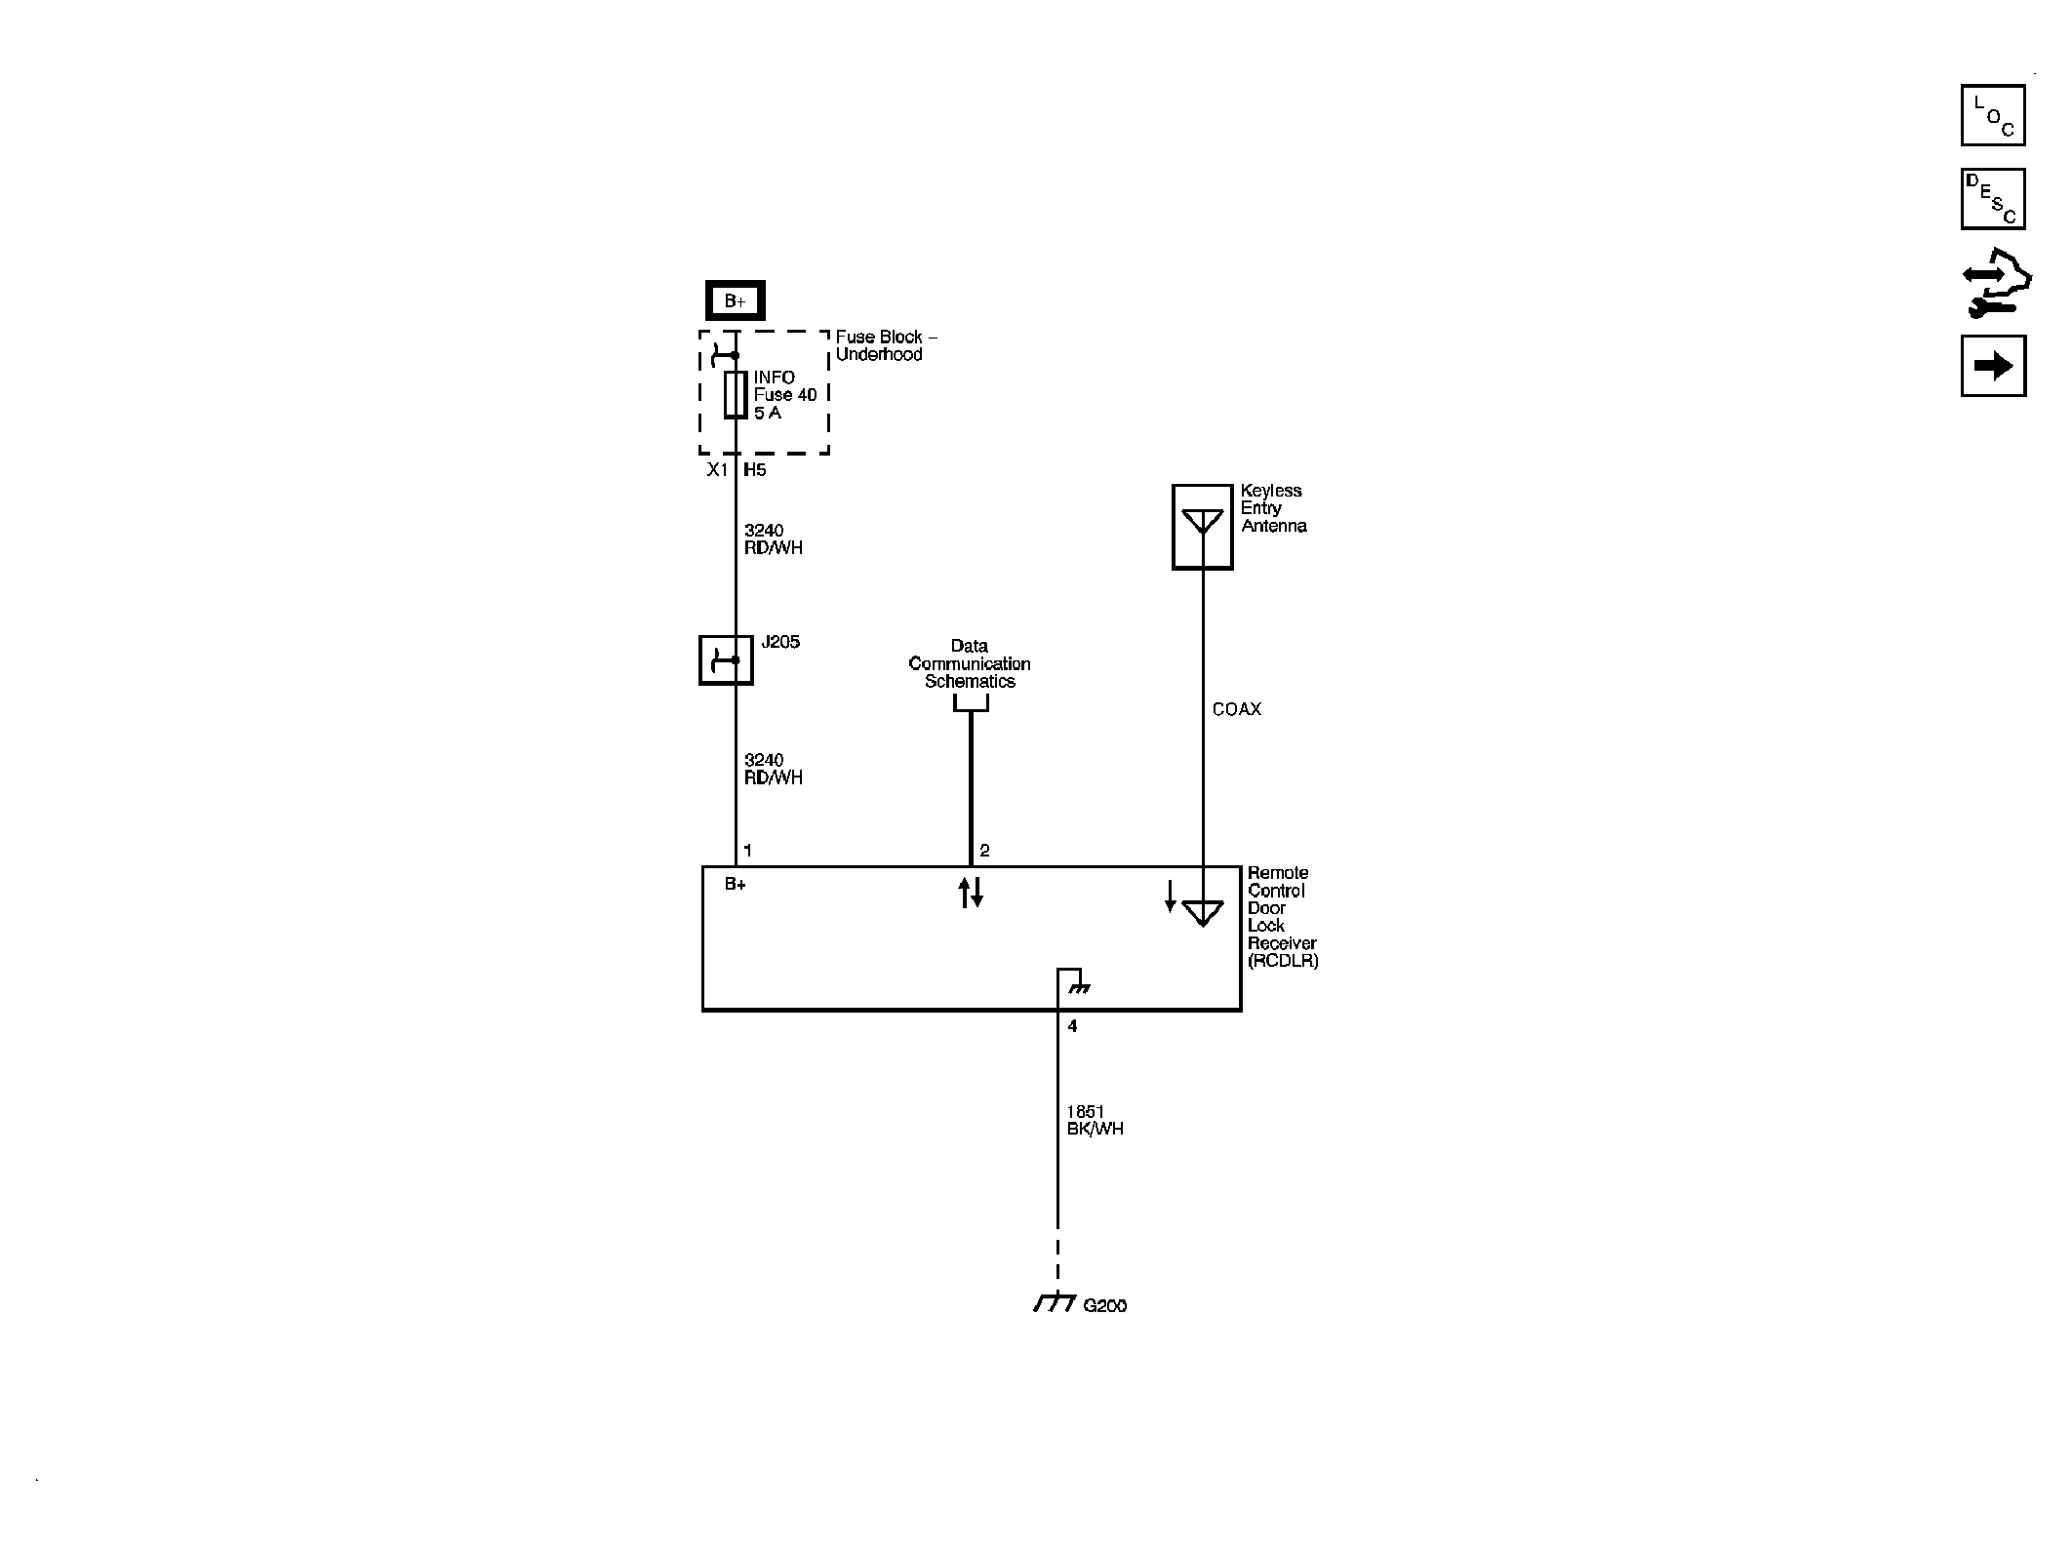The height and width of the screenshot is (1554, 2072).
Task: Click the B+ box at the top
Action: (x=735, y=301)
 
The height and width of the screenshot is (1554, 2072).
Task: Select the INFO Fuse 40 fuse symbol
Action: (x=736, y=394)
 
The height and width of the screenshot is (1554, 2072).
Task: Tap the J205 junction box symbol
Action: (x=726, y=660)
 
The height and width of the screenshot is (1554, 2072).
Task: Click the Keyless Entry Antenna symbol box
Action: (x=1202, y=527)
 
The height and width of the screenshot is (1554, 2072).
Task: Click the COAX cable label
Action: (x=1236, y=709)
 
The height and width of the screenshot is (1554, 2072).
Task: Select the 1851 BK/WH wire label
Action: (x=1095, y=1120)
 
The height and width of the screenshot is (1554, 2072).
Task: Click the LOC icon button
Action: (x=1992, y=115)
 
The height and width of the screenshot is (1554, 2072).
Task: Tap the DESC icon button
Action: (x=1992, y=199)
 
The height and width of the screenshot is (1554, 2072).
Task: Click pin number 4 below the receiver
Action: (x=1072, y=1026)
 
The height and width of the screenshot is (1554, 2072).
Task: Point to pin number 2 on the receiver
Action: (x=984, y=851)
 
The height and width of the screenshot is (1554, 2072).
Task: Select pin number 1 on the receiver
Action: (x=747, y=851)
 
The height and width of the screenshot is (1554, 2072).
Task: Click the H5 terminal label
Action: (x=755, y=470)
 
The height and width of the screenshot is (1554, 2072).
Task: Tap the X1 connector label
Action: (x=717, y=470)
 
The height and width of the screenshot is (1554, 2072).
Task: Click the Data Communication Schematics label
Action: (x=970, y=663)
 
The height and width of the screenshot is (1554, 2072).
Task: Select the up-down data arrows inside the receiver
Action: (x=970, y=892)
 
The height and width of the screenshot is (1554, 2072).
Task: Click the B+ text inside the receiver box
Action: (x=735, y=885)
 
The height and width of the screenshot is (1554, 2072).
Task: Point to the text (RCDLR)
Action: (x=1283, y=961)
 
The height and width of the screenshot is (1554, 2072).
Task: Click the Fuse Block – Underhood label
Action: (x=885, y=345)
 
